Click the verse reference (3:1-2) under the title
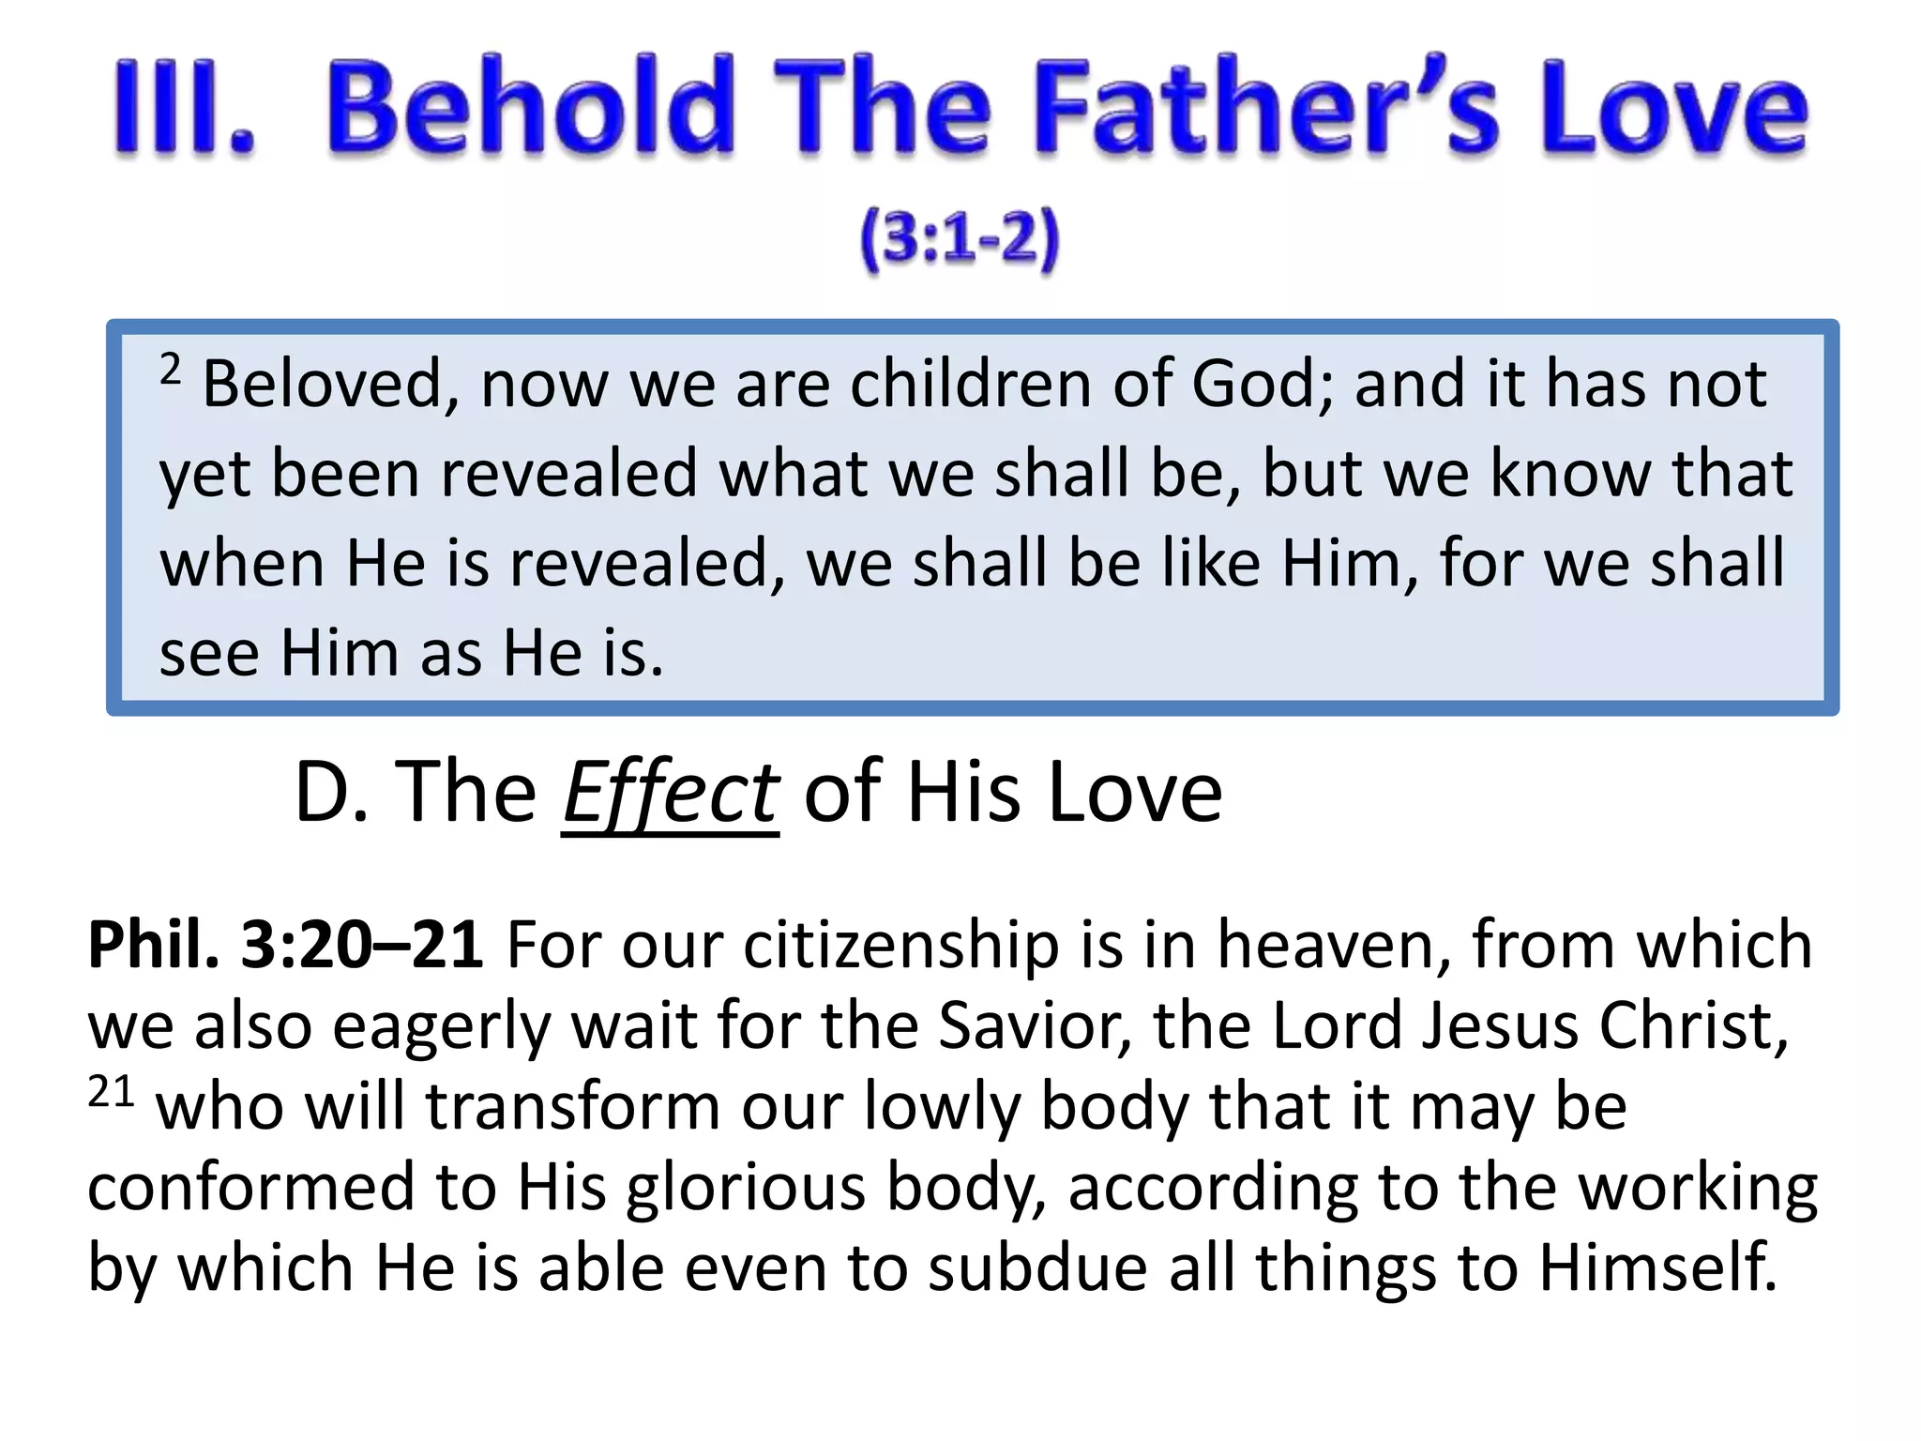pyautogui.click(x=960, y=239)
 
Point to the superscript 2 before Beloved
pyautogui.click(x=170, y=369)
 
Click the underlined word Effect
pyautogui.click(x=670, y=794)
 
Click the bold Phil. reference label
pyautogui.click(x=153, y=945)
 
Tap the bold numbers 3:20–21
pyautogui.click(x=362, y=945)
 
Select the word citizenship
pyautogui.click(x=900, y=945)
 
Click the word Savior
pyautogui.click(x=1035, y=1025)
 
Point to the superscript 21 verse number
pyautogui.click(x=111, y=1093)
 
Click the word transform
pyautogui.click(x=573, y=1107)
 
